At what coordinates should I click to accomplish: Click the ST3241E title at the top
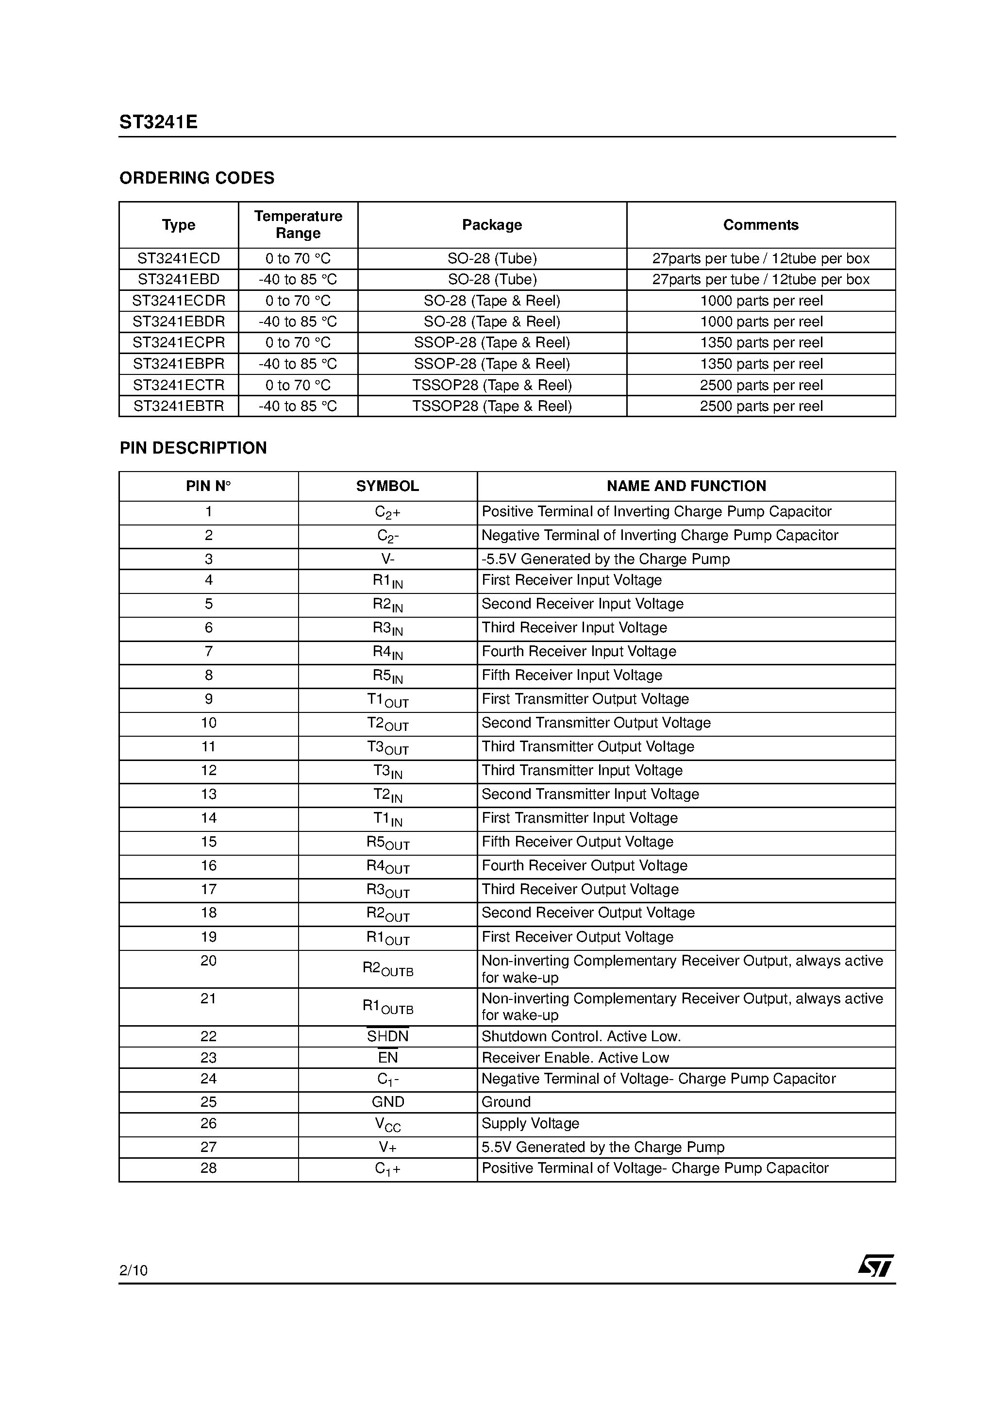[158, 122]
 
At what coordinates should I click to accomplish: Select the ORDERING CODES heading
[197, 178]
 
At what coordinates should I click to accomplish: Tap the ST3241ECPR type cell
[179, 343]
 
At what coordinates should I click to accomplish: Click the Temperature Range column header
[298, 224]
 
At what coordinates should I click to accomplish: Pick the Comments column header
[761, 224]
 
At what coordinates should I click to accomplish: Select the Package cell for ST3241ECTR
[492, 385]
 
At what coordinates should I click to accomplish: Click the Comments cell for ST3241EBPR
[761, 364]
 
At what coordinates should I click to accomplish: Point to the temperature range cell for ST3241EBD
[298, 280]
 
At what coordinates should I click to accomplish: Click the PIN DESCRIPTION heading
[193, 448]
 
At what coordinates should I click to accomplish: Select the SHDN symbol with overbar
[388, 1036]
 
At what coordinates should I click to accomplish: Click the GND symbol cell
[388, 1101]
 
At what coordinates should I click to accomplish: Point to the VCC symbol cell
[388, 1124]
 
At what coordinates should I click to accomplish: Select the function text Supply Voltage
[530, 1123]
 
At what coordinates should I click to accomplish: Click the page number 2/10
[134, 1270]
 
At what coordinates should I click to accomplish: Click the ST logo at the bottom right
[875, 1266]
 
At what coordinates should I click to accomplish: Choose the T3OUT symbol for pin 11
[388, 747]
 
